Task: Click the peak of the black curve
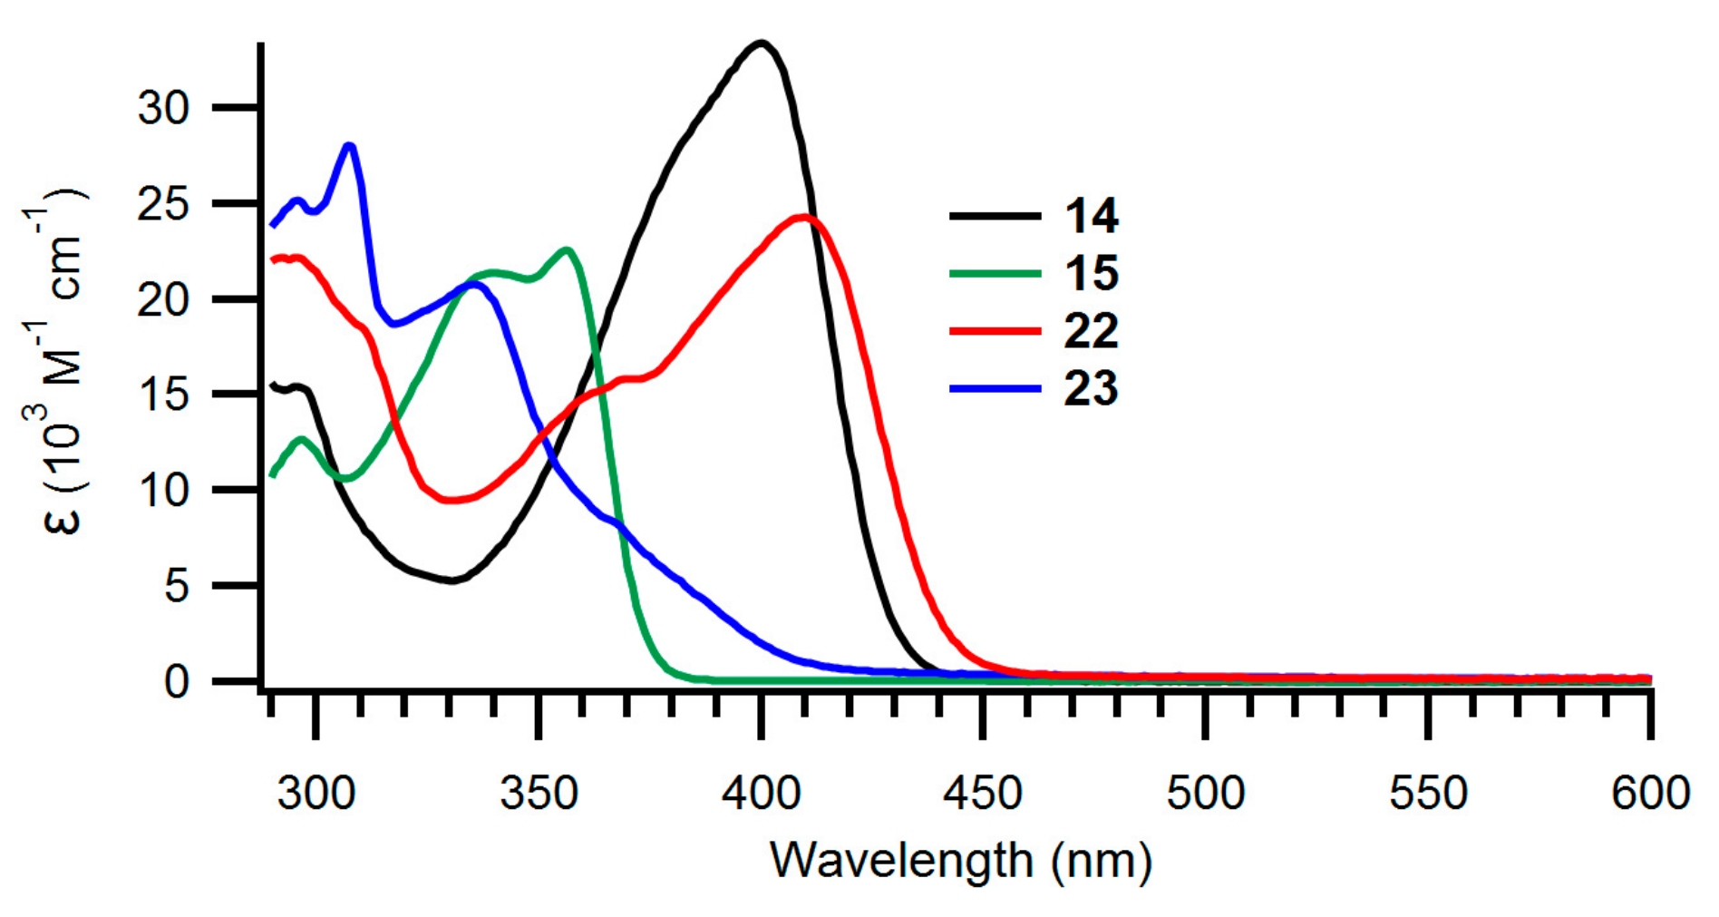[762, 43]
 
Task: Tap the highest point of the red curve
[803, 217]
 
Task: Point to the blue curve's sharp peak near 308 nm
[350, 145]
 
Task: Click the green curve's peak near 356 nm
[567, 249]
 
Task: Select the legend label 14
[1091, 216]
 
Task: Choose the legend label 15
[1091, 273]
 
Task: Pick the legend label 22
[1091, 331]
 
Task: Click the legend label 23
[1091, 388]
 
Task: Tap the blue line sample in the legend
[995, 388]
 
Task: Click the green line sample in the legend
[995, 273]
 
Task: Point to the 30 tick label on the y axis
[163, 109]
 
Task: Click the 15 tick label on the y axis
[163, 395]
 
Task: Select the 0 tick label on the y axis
[177, 681]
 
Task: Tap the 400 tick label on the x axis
[762, 793]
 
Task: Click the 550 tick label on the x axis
[1428, 793]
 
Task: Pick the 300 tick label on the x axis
[316, 793]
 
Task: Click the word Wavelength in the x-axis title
[901, 859]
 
